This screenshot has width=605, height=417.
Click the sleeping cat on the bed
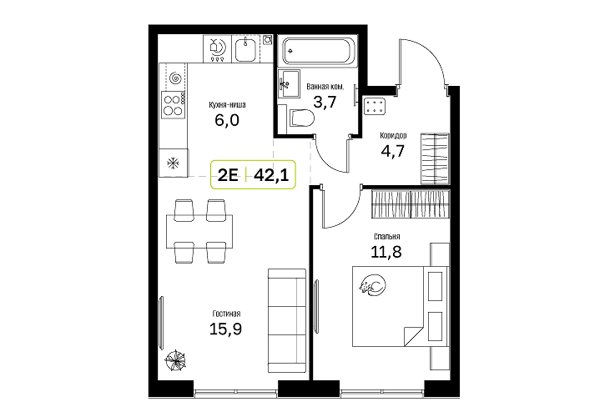coord(372,286)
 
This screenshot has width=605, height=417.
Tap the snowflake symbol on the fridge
coord(174,163)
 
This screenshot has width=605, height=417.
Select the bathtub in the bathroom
coord(318,52)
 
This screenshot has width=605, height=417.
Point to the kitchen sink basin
coord(245,49)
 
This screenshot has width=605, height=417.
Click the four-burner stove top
coord(174,105)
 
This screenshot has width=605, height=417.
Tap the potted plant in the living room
coord(176,361)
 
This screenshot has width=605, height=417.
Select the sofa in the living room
coord(287,320)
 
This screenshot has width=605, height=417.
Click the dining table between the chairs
coord(199,231)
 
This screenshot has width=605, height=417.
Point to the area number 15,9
coord(225,329)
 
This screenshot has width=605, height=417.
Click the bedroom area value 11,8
coord(386,252)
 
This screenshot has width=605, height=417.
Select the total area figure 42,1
coord(271,175)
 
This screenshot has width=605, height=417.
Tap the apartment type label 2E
coord(228,175)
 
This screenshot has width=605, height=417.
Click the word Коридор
coord(393,136)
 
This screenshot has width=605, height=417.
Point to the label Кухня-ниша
coord(227,105)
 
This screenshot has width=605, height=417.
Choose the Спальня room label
coord(386,237)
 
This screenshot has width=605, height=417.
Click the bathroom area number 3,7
coord(325,103)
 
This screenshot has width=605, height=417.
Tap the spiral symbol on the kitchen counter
coord(175,78)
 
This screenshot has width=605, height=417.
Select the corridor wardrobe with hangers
coord(435,159)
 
